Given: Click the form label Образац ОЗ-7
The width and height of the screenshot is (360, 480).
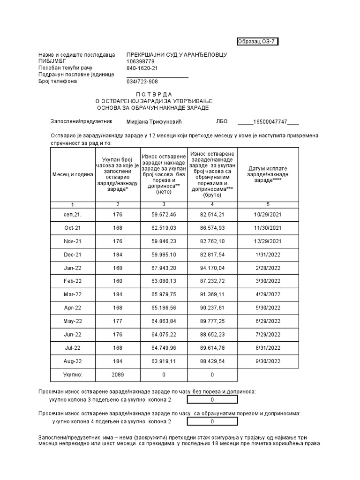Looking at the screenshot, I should pyautogui.click(x=258, y=41).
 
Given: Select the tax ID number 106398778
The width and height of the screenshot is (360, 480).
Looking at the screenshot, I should pyautogui.click(x=140, y=61).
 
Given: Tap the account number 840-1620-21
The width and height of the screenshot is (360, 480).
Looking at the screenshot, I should pyautogui.click(x=142, y=68).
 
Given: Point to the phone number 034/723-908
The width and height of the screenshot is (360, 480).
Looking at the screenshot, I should pyautogui.click(x=142, y=82).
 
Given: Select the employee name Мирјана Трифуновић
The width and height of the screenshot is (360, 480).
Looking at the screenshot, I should pyautogui.click(x=154, y=121).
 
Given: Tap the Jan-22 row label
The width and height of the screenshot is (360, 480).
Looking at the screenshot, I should pyautogui.click(x=72, y=268).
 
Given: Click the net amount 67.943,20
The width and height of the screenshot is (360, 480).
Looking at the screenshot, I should pyautogui.click(x=164, y=268).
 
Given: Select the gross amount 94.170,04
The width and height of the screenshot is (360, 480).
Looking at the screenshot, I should pyautogui.click(x=212, y=268).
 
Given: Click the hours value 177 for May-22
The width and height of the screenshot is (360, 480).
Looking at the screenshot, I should pyautogui.click(x=117, y=321).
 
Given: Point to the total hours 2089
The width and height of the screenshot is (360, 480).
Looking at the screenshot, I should pyautogui.click(x=117, y=375).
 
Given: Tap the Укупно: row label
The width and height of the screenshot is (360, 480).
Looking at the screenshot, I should pyautogui.click(x=72, y=375).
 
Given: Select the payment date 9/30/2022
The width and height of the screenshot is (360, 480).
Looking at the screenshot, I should pyautogui.click(x=268, y=361).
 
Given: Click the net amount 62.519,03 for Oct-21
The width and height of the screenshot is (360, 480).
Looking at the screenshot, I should pyautogui.click(x=164, y=228).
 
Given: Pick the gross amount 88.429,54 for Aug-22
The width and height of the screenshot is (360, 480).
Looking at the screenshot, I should pyautogui.click(x=212, y=361).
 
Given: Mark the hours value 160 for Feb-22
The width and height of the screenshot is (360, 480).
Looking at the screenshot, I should pyautogui.click(x=117, y=281).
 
